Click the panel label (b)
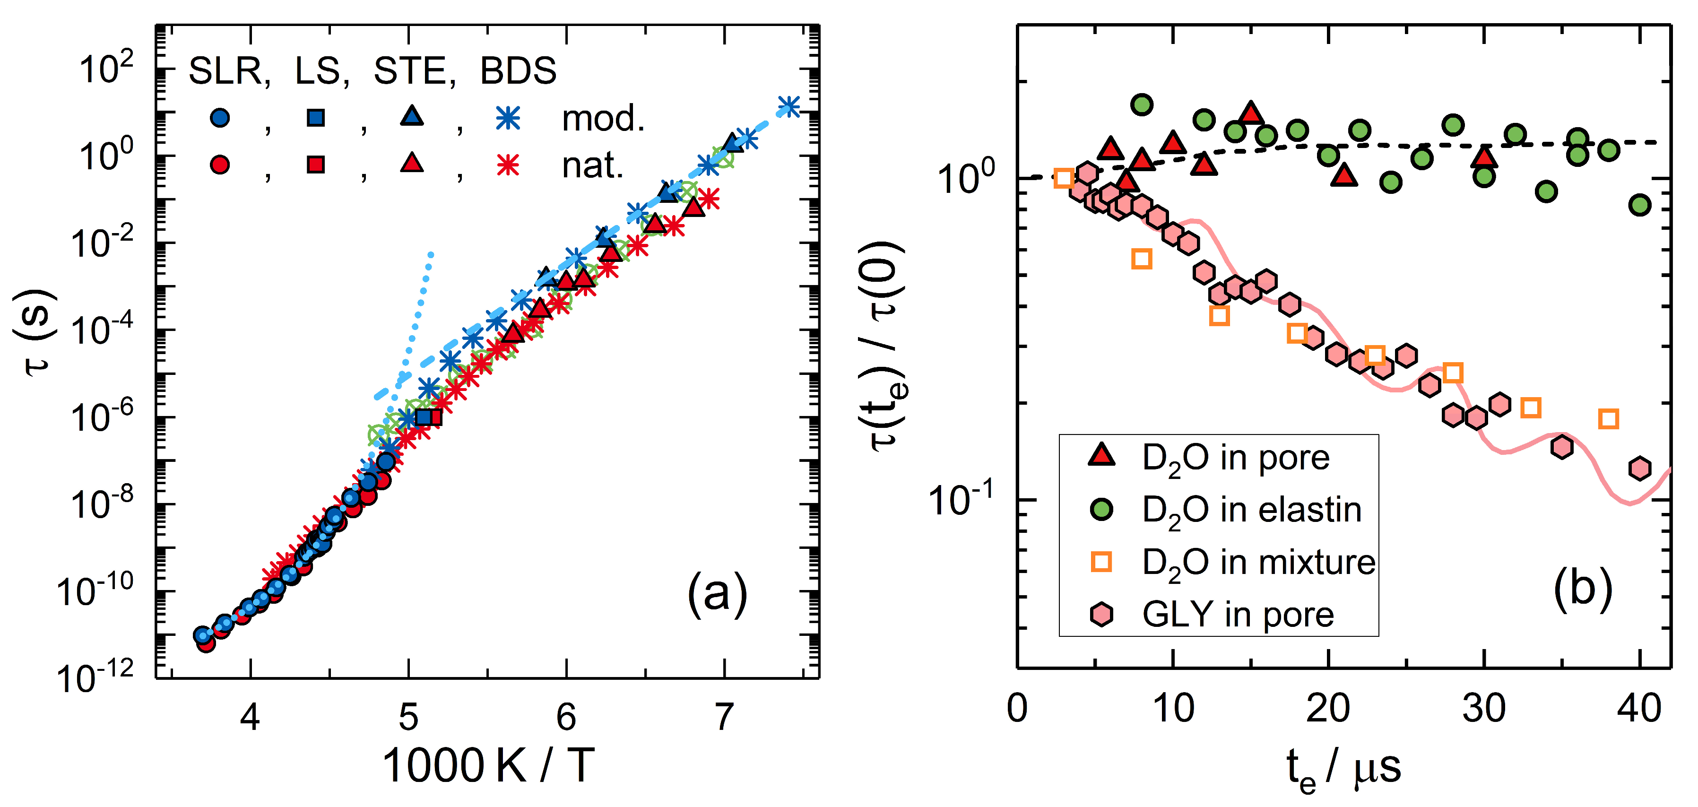tap(1583, 588)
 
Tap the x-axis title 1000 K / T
tap(488, 765)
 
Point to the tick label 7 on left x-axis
tap(724, 717)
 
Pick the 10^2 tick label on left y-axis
tap(105, 68)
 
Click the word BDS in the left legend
tap(518, 70)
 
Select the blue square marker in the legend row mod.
tap(316, 118)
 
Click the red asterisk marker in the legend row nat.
tap(508, 164)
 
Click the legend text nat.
tap(592, 165)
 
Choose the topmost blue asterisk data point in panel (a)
tap(789, 106)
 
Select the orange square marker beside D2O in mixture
tap(1101, 562)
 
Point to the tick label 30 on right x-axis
tap(1484, 709)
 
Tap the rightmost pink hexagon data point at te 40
tap(1639, 468)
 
